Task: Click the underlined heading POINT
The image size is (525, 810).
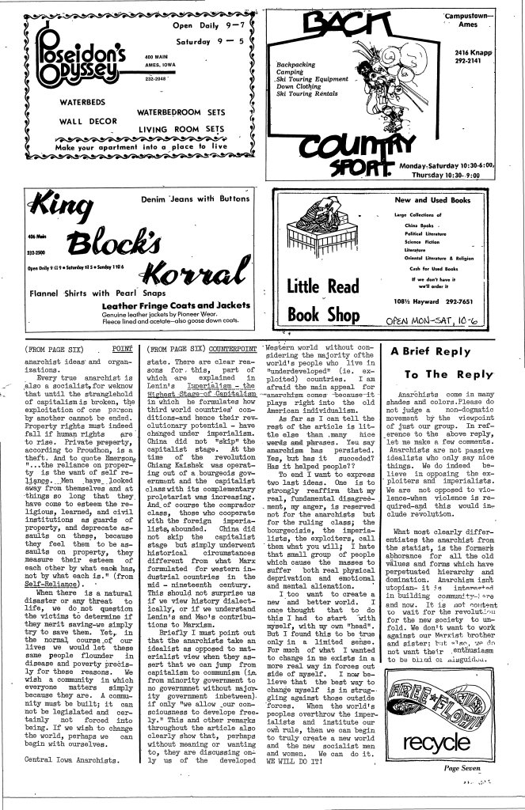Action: [121, 348]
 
